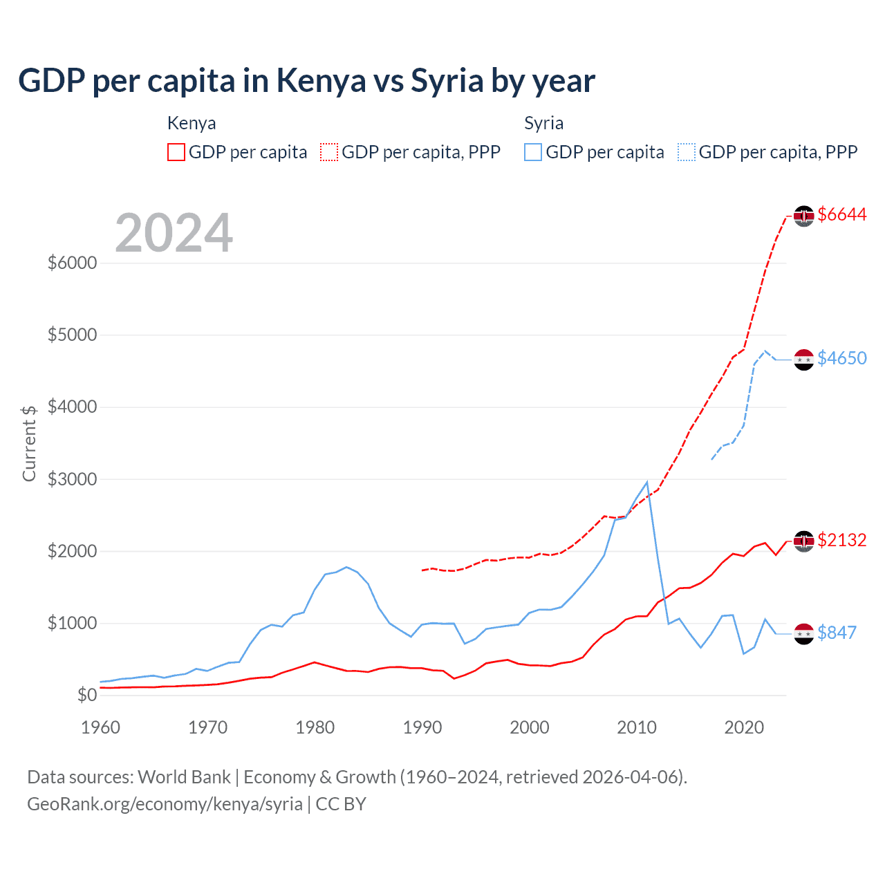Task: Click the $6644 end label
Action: tap(841, 215)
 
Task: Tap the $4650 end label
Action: tap(841, 358)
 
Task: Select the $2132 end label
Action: tap(841, 540)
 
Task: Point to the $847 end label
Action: tap(837, 633)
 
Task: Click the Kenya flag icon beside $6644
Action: tap(803, 216)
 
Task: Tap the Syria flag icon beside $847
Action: tap(803, 633)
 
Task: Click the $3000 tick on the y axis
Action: tap(72, 479)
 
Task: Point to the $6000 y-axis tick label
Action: tap(72, 263)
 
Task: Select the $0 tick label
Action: tap(86, 695)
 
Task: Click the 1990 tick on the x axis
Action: tap(422, 727)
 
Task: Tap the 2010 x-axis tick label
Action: tap(636, 727)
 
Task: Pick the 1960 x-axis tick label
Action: tap(101, 727)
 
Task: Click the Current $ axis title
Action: tap(29, 443)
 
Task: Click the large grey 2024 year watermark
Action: tap(174, 233)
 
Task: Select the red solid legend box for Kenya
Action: tap(176, 152)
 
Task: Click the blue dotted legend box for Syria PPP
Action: tap(687, 152)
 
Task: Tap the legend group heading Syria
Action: tap(543, 123)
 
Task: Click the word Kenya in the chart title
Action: tap(321, 81)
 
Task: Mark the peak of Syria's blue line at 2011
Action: tap(646, 482)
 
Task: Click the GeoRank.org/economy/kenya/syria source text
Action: tap(165, 804)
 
